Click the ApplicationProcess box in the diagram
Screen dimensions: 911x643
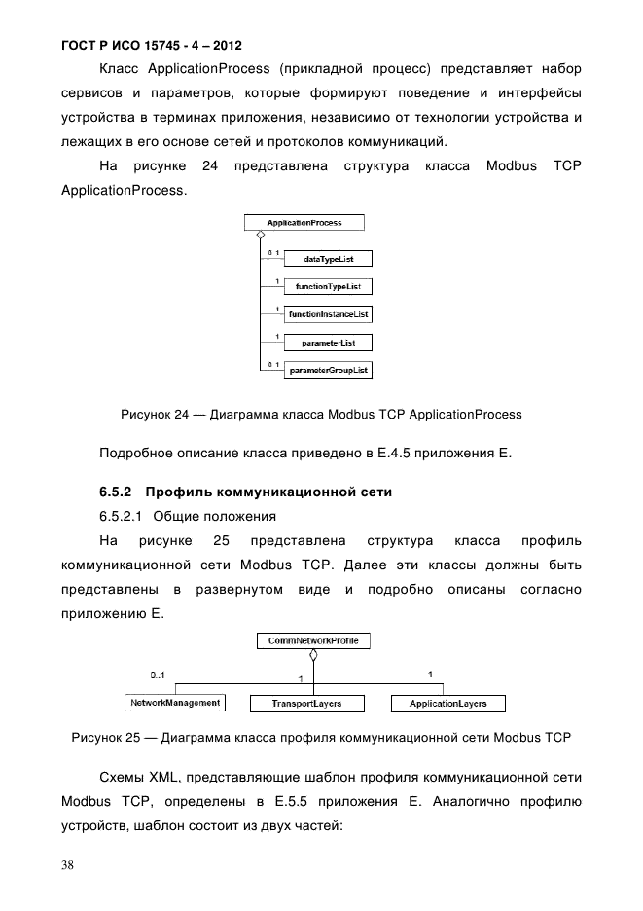[304, 223]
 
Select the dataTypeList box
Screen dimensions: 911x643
[326, 259]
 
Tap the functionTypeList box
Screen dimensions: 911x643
[326, 287]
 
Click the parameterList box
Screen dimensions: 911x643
[326, 343]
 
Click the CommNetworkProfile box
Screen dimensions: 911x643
[313, 640]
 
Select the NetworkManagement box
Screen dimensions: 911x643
[175, 702]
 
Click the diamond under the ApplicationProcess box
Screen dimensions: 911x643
[260, 236]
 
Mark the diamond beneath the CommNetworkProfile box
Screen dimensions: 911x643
[313, 654]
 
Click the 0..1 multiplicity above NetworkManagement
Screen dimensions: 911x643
[158, 674]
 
